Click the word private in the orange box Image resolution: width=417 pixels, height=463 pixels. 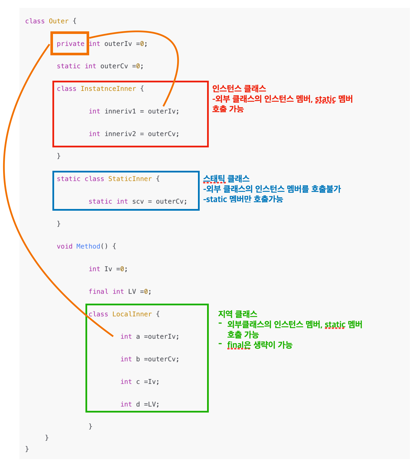70,44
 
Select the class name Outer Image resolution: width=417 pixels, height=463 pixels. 59,21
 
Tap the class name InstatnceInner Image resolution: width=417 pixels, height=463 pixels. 108,89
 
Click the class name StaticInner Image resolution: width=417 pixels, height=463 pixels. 130,179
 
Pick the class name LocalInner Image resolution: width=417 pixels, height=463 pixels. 132,314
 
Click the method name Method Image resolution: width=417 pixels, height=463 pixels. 88,246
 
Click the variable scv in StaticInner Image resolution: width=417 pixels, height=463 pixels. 138,201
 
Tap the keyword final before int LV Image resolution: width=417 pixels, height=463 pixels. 98,291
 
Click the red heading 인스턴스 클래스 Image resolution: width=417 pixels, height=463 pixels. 239,88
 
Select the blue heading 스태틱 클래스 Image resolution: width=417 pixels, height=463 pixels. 226,179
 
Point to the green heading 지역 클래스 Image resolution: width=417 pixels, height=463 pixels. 238,314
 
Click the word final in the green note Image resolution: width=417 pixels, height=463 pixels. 236,345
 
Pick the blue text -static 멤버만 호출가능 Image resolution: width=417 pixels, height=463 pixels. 243,199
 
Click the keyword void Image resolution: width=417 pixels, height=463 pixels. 65,246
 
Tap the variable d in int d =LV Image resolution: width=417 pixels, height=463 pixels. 138,404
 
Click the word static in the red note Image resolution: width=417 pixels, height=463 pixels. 325,99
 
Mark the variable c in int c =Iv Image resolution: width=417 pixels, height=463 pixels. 138,382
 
